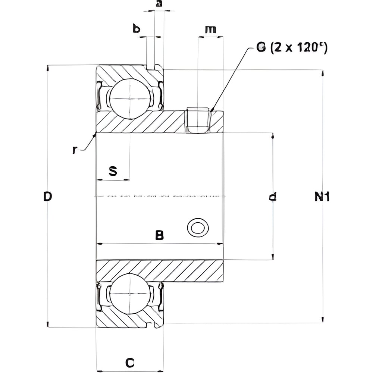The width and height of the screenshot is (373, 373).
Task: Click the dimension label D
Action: (47, 196)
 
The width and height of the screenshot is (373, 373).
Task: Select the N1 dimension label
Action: (322, 197)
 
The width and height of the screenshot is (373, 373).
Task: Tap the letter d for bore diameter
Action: (273, 197)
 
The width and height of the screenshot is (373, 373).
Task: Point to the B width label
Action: (159, 235)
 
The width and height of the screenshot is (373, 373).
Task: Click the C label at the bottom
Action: (129, 362)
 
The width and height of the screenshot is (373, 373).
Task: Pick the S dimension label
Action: (113, 171)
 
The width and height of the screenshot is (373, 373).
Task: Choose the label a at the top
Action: (159, 4)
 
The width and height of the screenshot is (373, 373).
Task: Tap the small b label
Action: (136, 29)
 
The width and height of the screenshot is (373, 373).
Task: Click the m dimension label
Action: (210, 29)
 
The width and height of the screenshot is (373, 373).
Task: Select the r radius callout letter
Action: (75, 150)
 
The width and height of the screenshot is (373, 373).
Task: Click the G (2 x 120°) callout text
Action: (291, 48)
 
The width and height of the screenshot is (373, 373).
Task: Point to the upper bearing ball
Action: (129, 99)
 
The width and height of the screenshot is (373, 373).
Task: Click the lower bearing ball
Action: (129, 294)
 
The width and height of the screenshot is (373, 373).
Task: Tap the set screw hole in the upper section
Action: (198, 120)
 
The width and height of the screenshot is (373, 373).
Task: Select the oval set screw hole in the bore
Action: (198, 227)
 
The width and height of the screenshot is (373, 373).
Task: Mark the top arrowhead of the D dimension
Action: (48, 68)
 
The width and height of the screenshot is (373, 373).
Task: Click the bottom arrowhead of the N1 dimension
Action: (322, 320)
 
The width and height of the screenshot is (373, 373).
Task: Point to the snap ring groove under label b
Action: (151, 68)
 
